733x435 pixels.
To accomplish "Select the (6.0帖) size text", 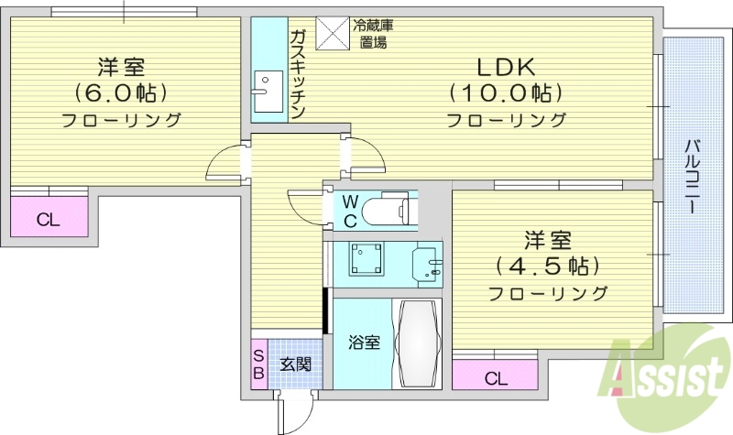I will pyautogui.click(x=121, y=92).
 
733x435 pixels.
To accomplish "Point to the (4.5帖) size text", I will pyautogui.click(x=547, y=266).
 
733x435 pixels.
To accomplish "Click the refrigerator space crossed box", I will pyautogui.click(x=331, y=33).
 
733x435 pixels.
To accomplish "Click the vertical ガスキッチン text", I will pyautogui.click(x=298, y=74).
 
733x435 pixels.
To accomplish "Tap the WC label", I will pyautogui.click(x=350, y=212).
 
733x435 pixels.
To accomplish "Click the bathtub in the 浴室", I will pyautogui.click(x=416, y=343).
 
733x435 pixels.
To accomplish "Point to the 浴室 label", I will pyautogui.click(x=364, y=343).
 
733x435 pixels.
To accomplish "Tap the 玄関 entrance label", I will pyautogui.click(x=294, y=364).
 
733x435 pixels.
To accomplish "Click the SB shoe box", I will pyautogui.click(x=259, y=364).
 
